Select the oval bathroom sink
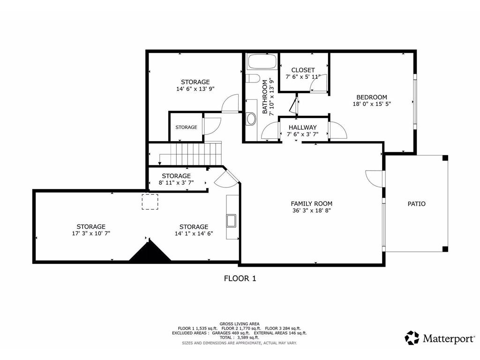click(x=251, y=119)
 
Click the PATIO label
click(x=416, y=204)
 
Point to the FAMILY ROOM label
click(x=311, y=203)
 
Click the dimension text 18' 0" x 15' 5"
click(x=371, y=105)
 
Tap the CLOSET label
click(x=303, y=70)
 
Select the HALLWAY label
click(x=302, y=127)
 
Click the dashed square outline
click(x=150, y=202)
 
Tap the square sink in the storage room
click(x=231, y=220)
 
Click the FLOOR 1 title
click(x=240, y=278)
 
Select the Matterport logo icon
click(x=412, y=338)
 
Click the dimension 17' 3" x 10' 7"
click(x=91, y=233)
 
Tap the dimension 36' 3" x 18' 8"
click(x=311, y=210)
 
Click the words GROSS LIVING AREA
click(x=240, y=323)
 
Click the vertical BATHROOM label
click(x=265, y=97)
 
